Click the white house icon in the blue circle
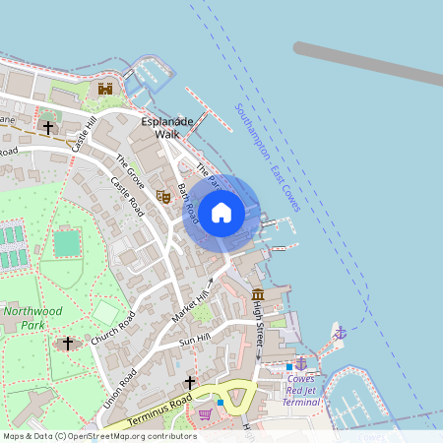point(221,212)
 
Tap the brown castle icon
point(104,89)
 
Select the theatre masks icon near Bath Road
point(164,196)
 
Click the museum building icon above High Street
point(258,295)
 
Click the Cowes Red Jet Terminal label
point(301,390)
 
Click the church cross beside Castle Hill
point(47,127)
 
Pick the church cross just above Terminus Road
point(189,382)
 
